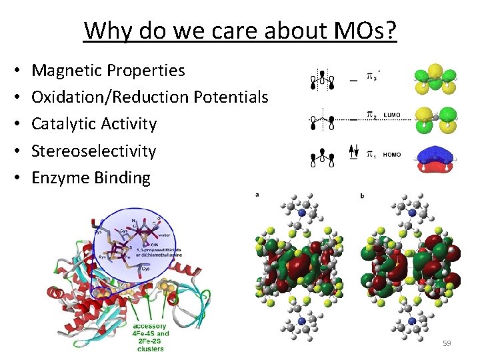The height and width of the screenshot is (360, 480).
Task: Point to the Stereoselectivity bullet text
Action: [x=93, y=151]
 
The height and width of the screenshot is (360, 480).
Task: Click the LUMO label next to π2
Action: [x=392, y=115]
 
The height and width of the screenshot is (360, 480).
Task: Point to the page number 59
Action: [x=447, y=343]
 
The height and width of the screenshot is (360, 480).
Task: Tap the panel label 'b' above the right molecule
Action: [x=362, y=195]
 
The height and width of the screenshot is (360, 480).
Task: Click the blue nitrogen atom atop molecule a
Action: [x=302, y=213]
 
